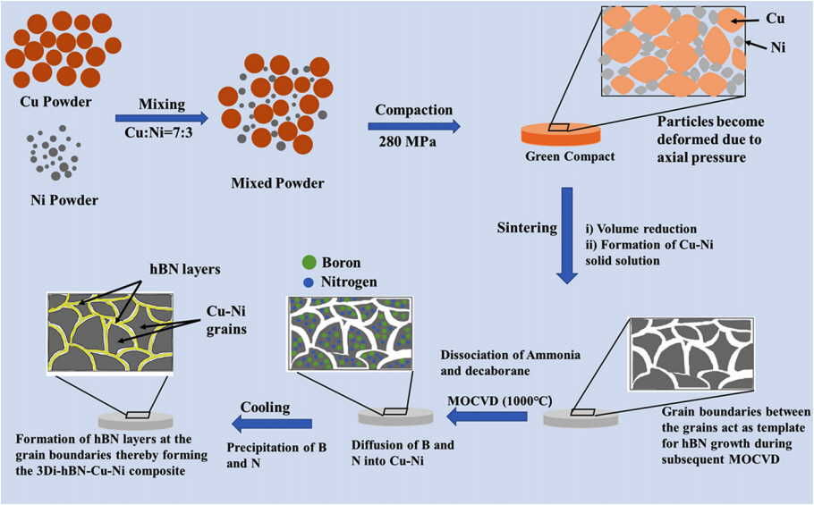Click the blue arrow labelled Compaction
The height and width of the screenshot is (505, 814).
[412, 126]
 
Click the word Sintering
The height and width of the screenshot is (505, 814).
[527, 227]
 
